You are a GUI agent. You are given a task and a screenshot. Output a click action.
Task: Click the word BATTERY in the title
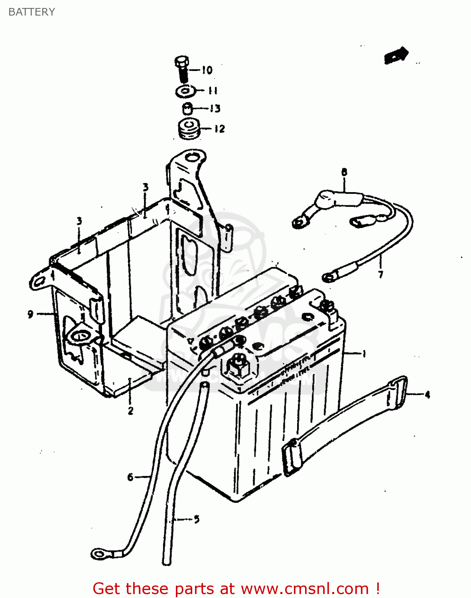(32, 12)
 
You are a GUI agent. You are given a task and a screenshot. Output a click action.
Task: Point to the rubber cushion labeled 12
(188, 129)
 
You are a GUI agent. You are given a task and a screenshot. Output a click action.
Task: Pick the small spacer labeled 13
(187, 108)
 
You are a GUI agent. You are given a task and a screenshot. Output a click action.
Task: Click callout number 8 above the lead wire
(344, 172)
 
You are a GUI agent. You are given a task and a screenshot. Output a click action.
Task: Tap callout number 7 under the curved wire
(380, 274)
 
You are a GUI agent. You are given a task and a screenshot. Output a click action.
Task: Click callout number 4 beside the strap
(427, 395)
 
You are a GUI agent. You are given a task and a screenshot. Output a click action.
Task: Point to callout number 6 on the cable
(130, 477)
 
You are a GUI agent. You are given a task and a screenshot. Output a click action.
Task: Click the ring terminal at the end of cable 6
(98, 553)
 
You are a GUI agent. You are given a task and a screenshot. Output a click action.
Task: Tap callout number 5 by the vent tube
(196, 519)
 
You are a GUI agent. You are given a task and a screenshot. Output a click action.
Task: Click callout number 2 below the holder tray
(130, 411)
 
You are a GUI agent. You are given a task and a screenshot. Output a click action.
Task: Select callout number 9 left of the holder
(30, 314)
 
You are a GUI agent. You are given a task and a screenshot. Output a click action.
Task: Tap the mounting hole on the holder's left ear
(39, 281)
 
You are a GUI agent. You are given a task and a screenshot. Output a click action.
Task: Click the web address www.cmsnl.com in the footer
(305, 588)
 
